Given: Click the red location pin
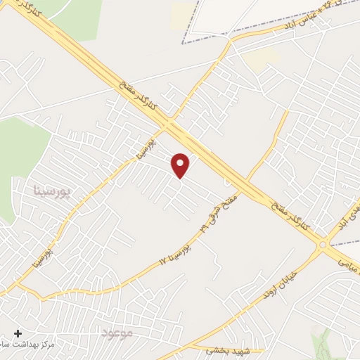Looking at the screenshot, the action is (181, 165).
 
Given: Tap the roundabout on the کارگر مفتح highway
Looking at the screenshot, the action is (323, 245).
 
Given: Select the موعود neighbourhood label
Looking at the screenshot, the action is (117, 331).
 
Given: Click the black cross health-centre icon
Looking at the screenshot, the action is (18, 333).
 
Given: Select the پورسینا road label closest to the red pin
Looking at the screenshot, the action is (141, 149).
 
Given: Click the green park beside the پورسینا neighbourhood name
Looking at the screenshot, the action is (18, 158).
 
